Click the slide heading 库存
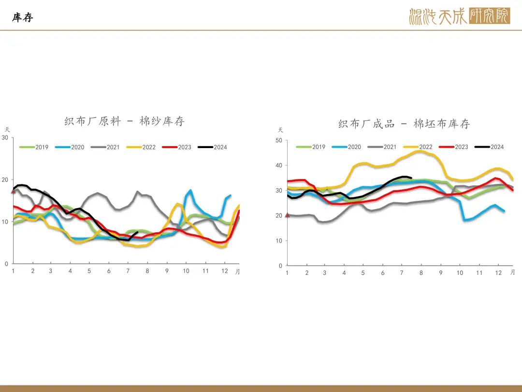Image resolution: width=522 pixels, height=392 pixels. (23, 17)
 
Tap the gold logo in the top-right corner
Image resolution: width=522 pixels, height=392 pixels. (460, 16)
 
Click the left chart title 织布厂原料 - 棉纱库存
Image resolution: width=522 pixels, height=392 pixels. (125, 121)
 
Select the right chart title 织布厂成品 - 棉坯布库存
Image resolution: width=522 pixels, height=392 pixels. (404, 124)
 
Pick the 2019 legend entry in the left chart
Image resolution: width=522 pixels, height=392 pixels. (34, 147)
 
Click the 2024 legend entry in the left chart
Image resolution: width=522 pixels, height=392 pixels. (212, 147)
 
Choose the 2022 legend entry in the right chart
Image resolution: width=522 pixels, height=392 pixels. (418, 147)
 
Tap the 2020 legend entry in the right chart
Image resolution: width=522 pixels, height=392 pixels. (347, 147)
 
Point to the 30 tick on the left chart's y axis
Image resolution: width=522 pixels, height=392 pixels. (5, 137)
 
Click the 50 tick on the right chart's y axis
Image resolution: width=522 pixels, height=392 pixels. (279, 140)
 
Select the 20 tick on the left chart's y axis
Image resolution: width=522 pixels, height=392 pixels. (5, 180)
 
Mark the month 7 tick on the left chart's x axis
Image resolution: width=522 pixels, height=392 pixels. (128, 271)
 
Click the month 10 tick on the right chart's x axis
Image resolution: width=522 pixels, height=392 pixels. (460, 272)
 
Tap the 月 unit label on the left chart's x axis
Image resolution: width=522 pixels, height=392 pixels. (237, 271)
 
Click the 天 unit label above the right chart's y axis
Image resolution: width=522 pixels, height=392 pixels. (280, 130)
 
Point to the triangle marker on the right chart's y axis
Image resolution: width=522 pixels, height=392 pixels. (288, 215)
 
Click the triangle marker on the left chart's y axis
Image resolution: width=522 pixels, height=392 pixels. (14, 191)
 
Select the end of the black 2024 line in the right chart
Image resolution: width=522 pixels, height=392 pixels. (411, 178)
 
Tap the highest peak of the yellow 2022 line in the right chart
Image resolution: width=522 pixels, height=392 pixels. (420, 151)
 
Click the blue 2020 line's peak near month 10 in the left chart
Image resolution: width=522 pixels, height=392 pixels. (190, 190)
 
